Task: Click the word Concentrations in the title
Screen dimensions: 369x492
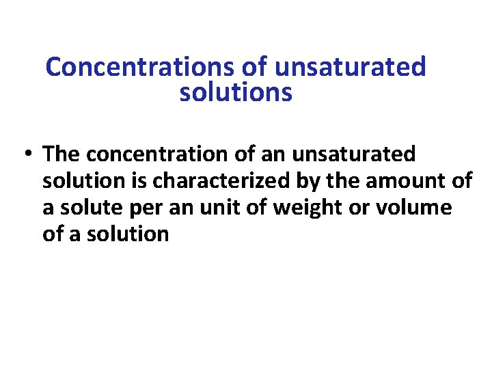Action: pos(140,67)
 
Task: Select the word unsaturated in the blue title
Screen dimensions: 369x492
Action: pos(351,67)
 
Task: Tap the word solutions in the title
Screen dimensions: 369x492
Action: pos(236,92)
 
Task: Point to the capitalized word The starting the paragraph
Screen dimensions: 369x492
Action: pos(64,154)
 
